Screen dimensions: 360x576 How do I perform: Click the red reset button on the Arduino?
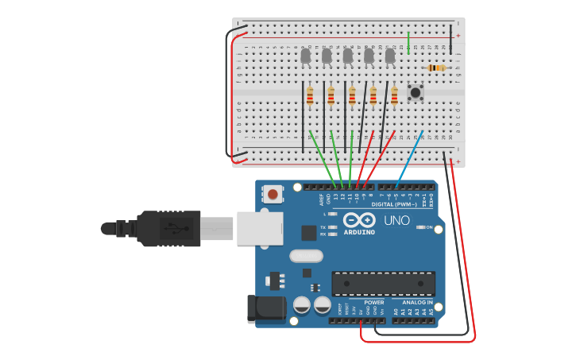click(273, 194)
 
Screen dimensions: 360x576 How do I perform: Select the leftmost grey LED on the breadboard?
click(306, 56)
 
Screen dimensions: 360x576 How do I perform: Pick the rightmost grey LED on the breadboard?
click(390, 56)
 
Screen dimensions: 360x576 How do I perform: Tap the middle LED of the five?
click(348, 56)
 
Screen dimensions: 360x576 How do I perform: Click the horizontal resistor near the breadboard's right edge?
click(436, 68)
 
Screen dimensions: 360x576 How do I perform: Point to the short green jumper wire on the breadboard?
click(408, 42)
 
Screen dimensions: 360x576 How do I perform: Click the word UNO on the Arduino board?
click(396, 220)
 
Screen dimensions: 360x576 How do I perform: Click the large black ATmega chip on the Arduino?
click(383, 283)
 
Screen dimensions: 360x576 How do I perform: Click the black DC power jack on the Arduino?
click(266, 308)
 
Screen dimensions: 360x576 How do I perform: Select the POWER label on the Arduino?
click(374, 303)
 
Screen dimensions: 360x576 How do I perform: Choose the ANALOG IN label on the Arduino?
click(417, 303)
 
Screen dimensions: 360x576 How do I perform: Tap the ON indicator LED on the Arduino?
click(420, 227)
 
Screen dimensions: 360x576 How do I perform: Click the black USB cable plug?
click(168, 228)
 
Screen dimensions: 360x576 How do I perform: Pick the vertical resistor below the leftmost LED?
click(310, 96)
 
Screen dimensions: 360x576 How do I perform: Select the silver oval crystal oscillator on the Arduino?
click(306, 256)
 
